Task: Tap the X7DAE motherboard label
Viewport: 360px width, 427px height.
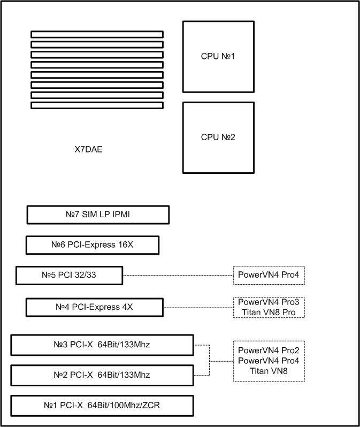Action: [88, 149]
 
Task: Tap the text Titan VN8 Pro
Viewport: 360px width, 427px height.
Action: [269, 312]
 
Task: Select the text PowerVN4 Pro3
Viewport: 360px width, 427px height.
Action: [269, 302]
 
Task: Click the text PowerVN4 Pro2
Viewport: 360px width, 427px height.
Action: [269, 350]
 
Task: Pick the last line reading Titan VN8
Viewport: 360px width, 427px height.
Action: [269, 371]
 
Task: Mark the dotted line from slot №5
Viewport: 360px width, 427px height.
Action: [178, 276]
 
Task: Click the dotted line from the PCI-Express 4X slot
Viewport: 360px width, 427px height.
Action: [198, 308]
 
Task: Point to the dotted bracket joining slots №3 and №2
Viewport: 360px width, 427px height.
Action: [209, 360]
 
